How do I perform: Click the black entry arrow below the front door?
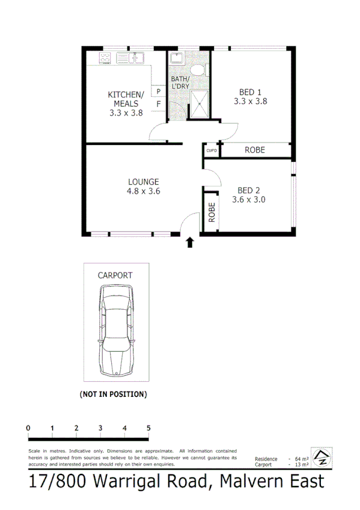tap(190, 242)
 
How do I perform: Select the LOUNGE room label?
tap(143, 186)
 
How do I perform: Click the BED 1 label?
tap(251, 96)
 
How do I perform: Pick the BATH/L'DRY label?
tap(180, 83)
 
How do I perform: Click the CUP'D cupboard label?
tap(211, 150)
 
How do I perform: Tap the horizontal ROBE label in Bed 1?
tap(254, 150)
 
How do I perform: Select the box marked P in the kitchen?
tap(159, 91)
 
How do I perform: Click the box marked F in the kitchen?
tap(159, 104)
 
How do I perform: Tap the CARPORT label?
tap(115, 275)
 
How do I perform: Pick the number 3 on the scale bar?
tap(100, 428)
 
